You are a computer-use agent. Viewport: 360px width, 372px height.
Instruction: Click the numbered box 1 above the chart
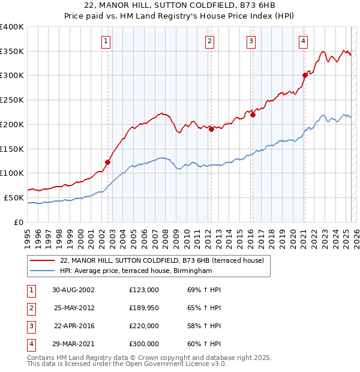(106, 41)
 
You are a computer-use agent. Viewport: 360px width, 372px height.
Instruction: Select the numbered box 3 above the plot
(250, 41)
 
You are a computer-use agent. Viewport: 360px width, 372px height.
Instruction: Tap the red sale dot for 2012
(212, 129)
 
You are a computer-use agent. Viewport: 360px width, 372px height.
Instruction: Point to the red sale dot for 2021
(305, 75)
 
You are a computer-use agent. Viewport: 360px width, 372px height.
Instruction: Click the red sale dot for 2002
(108, 161)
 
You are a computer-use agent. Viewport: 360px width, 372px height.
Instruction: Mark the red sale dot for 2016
(253, 115)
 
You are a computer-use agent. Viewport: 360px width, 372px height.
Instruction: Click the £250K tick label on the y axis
(11, 100)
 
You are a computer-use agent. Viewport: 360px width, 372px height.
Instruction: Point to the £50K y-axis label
(14, 197)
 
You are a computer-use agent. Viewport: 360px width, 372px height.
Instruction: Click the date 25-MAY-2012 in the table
(74, 308)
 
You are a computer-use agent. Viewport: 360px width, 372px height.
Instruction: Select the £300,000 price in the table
(143, 344)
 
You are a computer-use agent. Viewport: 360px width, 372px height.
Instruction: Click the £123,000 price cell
(143, 290)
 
